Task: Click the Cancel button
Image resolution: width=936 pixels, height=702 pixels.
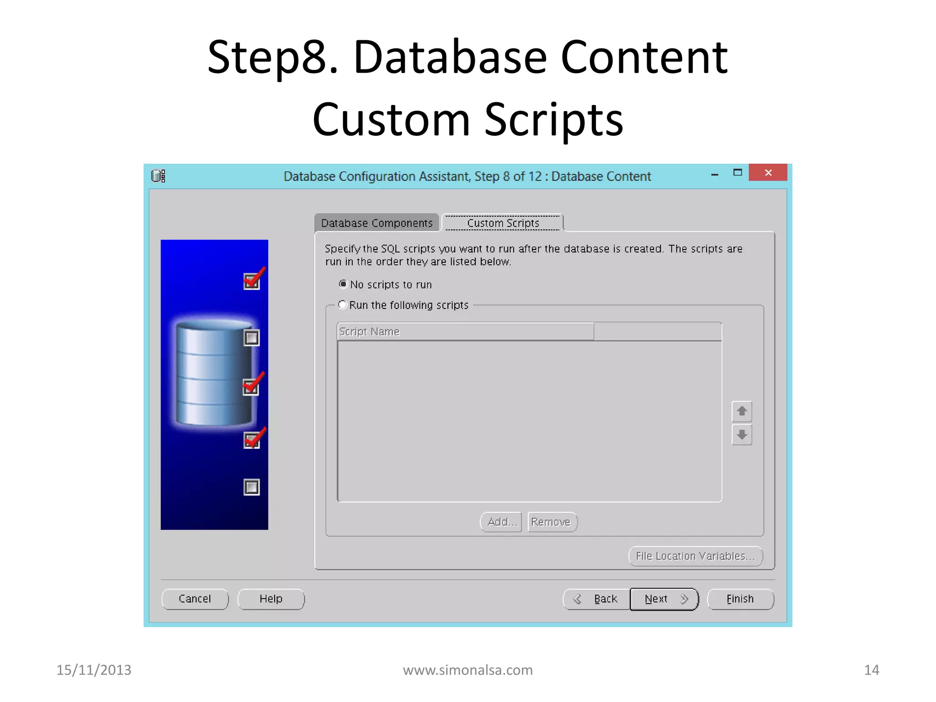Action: click(x=195, y=599)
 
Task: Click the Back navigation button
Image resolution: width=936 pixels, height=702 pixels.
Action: click(x=597, y=599)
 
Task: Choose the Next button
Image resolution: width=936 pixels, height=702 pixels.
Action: click(x=664, y=599)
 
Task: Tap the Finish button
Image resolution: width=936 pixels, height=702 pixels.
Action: click(x=740, y=599)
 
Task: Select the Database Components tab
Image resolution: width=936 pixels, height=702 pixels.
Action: click(x=377, y=223)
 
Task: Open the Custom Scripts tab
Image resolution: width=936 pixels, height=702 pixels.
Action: click(x=503, y=223)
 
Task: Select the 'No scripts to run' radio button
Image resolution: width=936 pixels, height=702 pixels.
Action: click(x=343, y=284)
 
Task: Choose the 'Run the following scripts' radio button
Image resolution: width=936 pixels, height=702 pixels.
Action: click(x=342, y=305)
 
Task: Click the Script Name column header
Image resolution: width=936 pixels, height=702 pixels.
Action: click(x=465, y=331)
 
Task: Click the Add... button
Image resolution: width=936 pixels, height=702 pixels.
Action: click(x=501, y=522)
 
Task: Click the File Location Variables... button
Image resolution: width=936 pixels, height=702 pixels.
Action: click(x=695, y=556)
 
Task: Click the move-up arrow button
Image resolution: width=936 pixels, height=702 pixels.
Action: click(x=742, y=411)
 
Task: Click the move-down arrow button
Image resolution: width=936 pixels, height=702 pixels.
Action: click(x=742, y=435)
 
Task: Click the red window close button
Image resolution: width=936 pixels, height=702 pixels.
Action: click(x=768, y=173)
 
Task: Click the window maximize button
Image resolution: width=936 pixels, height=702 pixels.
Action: click(x=738, y=173)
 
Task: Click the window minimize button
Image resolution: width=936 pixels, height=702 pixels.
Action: click(x=715, y=174)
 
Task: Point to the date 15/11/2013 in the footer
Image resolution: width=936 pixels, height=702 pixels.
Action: click(x=94, y=670)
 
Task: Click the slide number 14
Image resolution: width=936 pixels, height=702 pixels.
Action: click(x=872, y=670)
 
